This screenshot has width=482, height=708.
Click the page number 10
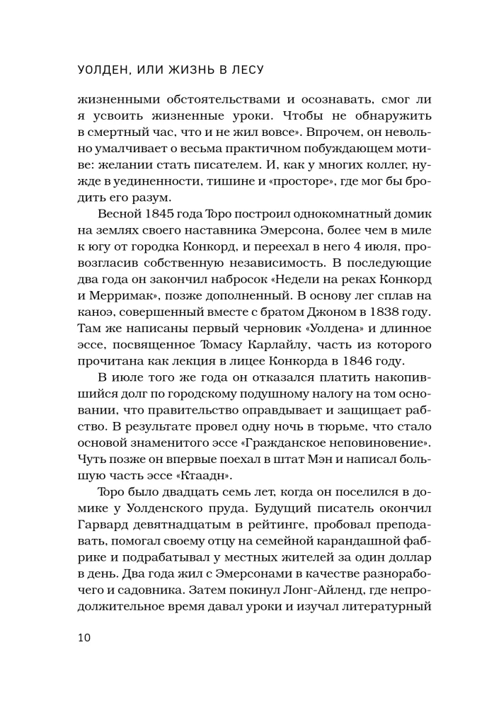pyautogui.click(x=84, y=637)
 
